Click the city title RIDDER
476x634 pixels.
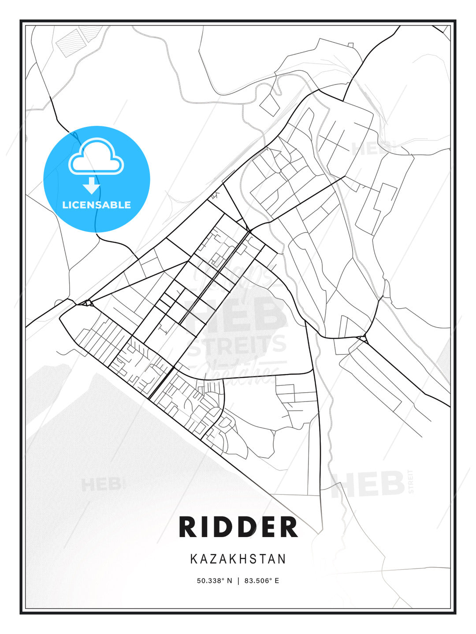(x=238, y=527)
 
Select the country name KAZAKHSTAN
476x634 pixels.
(x=238, y=559)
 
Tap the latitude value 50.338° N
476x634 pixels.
(x=214, y=581)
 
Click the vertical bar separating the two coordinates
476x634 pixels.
(x=238, y=581)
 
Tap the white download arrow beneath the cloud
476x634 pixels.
(x=92, y=185)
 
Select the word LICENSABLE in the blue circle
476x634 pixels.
(x=97, y=205)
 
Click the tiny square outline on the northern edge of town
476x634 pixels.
(x=350, y=45)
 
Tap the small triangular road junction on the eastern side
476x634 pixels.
(x=362, y=339)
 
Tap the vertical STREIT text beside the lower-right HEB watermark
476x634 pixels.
(x=411, y=481)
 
